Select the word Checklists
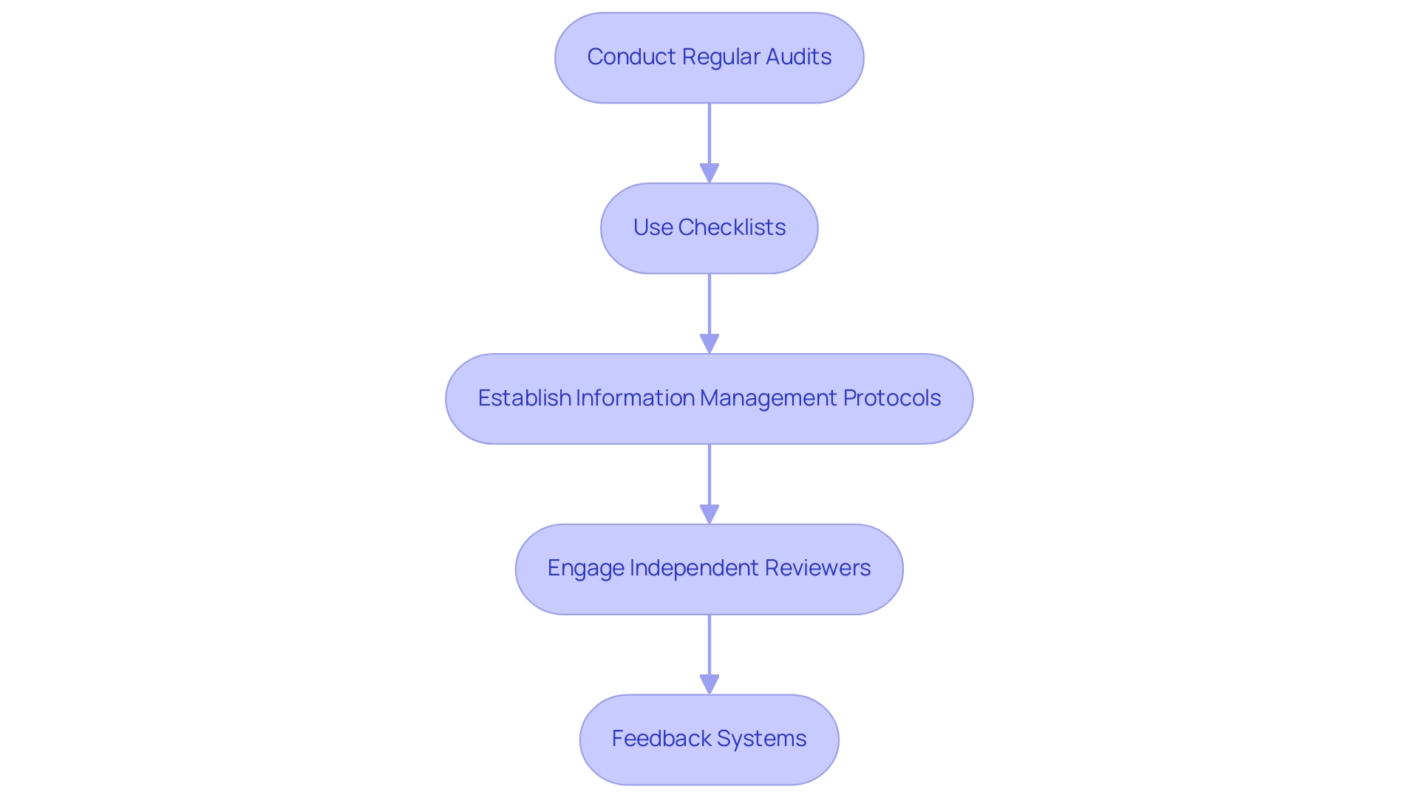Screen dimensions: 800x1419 point(732,228)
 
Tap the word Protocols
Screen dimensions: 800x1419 point(891,398)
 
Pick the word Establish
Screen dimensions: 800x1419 point(524,398)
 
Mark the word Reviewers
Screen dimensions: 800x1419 point(817,568)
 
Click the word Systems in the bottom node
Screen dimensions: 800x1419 point(761,739)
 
